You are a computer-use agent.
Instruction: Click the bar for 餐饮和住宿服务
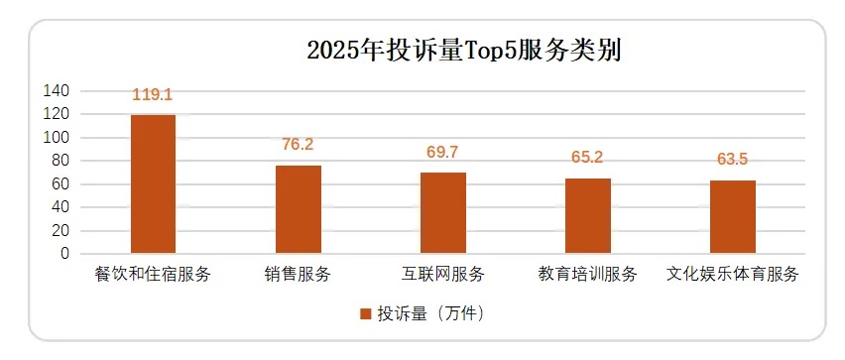pyautogui.click(x=153, y=184)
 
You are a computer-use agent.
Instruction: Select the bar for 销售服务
pyautogui.click(x=298, y=209)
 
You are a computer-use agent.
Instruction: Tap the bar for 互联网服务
pyautogui.click(x=442, y=213)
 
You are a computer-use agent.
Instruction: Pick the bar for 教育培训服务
pyautogui.click(x=588, y=216)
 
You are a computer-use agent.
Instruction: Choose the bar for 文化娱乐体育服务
pyautogui.click(x=733, y=217)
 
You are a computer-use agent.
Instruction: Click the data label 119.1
pyautogui.click(x=153, y=95)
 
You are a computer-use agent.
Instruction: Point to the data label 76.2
pyautogui.click(x=298, y=145)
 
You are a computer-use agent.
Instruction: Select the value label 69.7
pyautogui.click(x=442, y=152)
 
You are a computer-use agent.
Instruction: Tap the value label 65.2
pyautogui.click(x=588, y=157)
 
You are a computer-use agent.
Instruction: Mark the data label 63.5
pyautogui.click(x=733, y=159)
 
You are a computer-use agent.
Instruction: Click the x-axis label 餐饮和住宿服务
pyautogui.click(x=153, y=273)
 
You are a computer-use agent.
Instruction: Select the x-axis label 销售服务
pyautogui.click(x=298, y=273)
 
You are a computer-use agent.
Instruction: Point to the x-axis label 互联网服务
pyautogui.click(x=442, y=273)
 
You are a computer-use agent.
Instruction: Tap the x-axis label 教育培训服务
pyautogui.click(x=588, y=273)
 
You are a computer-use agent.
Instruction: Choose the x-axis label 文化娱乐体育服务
pyautogui.click(x=733, y=273)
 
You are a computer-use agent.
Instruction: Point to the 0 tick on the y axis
pyautogui.click(x=64, y=254)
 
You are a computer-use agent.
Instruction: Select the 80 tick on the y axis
pyautogui.click(x=60, y=161)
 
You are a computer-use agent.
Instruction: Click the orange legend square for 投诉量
pyautogui.click(x=366, y=313)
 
